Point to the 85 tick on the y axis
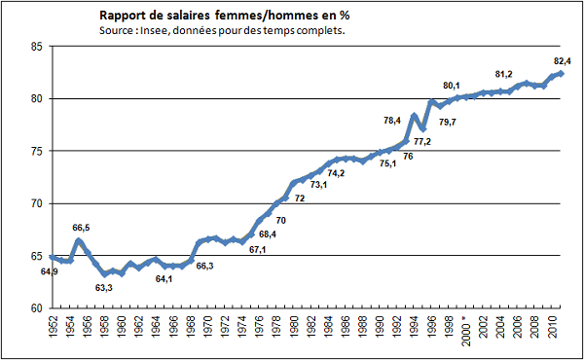point(36,46)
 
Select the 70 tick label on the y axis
point(36,203)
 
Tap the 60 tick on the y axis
point(36,308)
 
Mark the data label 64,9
point(50,271)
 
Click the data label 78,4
point(393,121)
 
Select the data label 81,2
point(504,75)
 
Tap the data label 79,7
point(449,122)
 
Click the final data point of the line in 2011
point(561,74)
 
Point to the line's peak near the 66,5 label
point(78,240)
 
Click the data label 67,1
point(259,250)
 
